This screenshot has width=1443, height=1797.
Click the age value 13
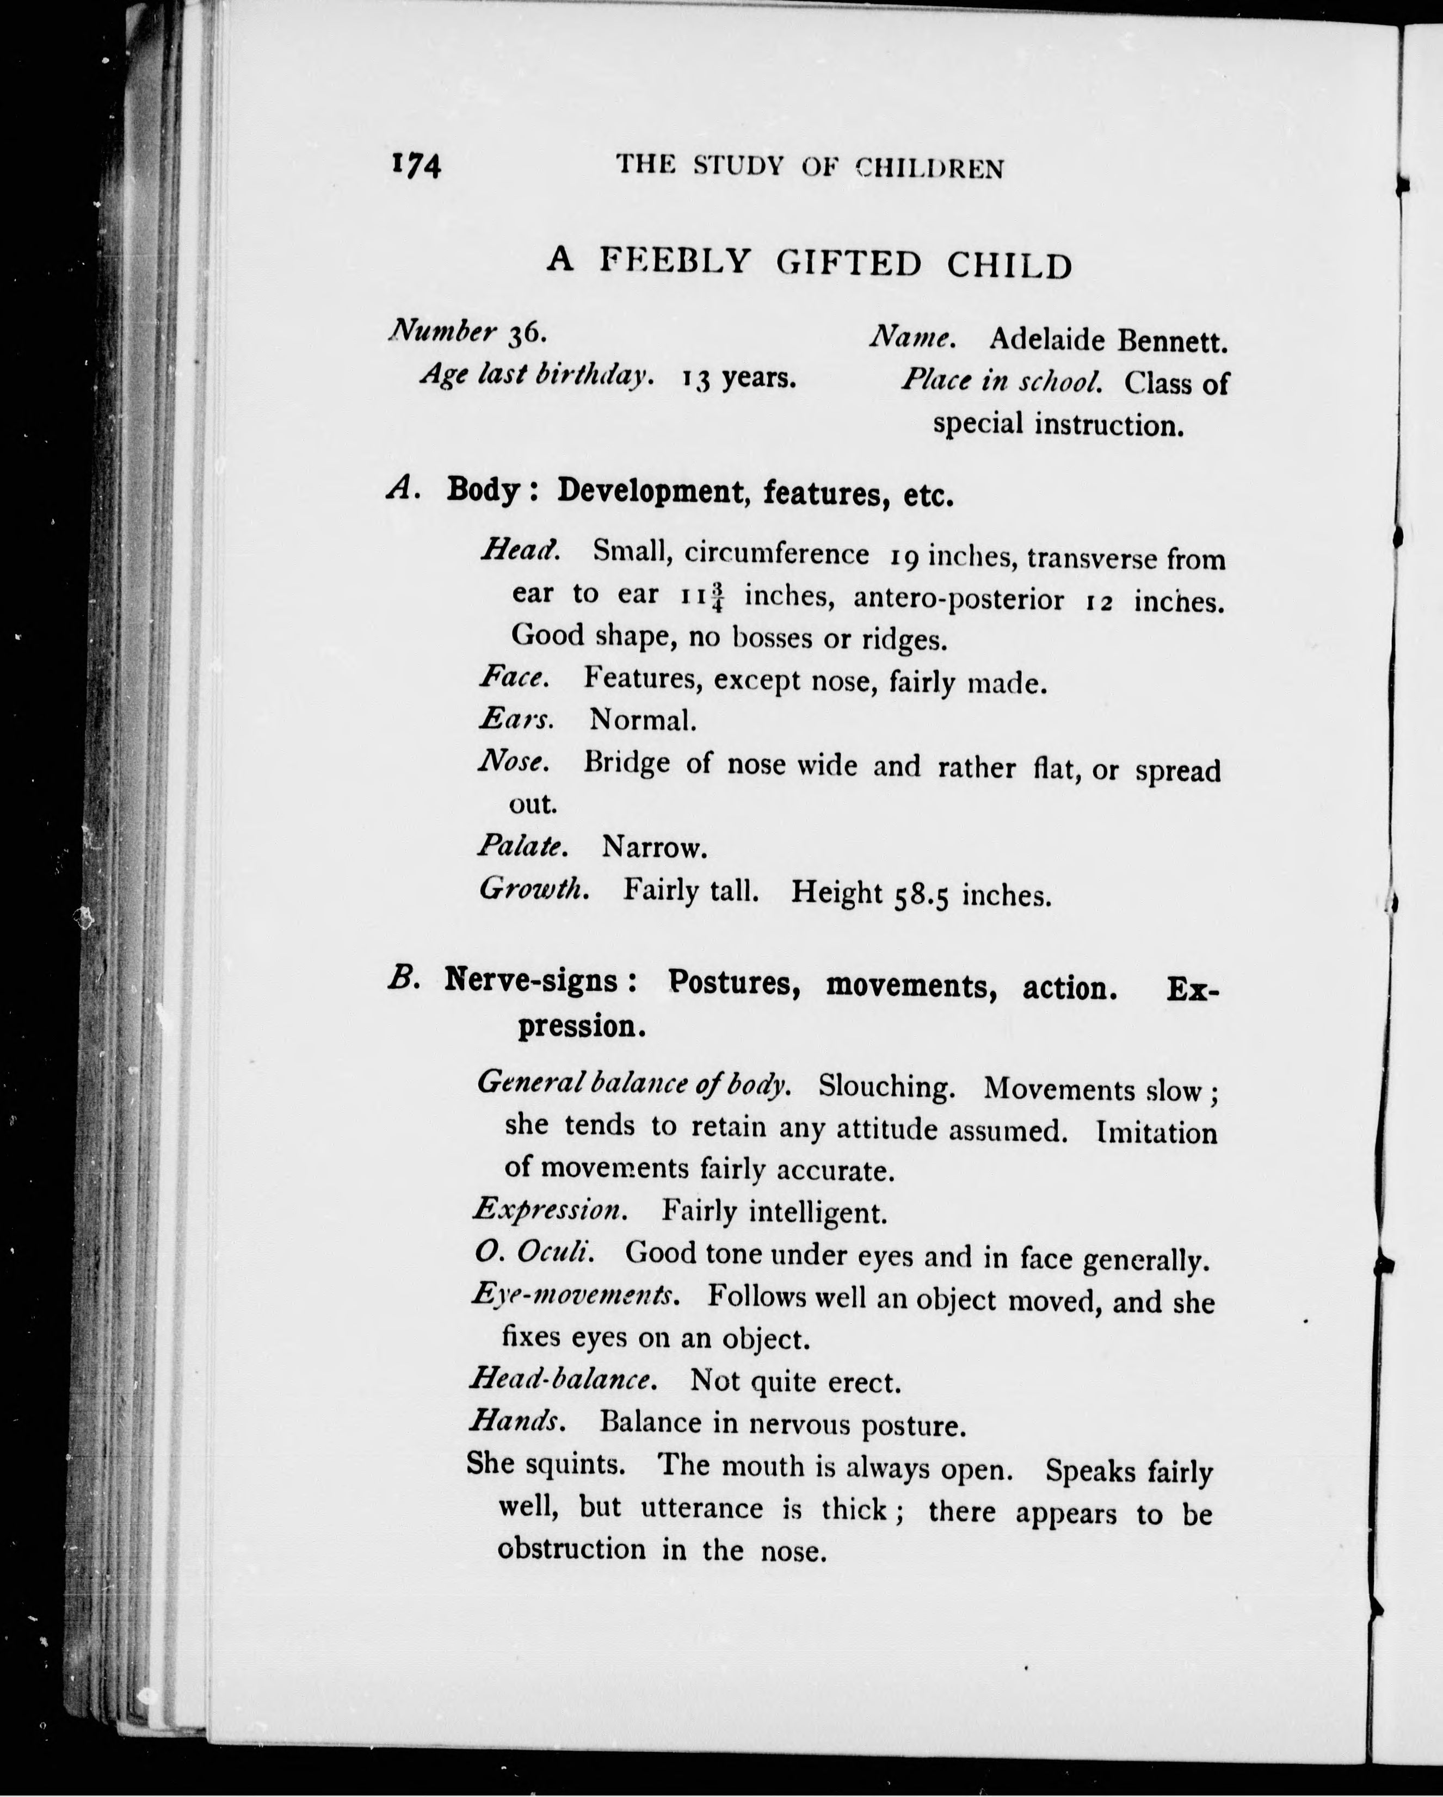pyautogui.click(x=698, y=379)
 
